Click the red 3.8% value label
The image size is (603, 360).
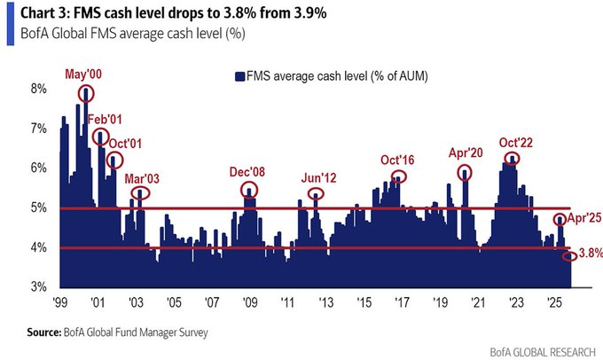tap(590, 254)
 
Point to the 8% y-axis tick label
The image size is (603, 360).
tap(38, 90)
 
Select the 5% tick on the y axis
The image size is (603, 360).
tap(38, 208)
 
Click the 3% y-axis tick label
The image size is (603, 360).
tap(38, 287)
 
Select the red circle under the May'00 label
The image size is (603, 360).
tap(86, 92)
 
